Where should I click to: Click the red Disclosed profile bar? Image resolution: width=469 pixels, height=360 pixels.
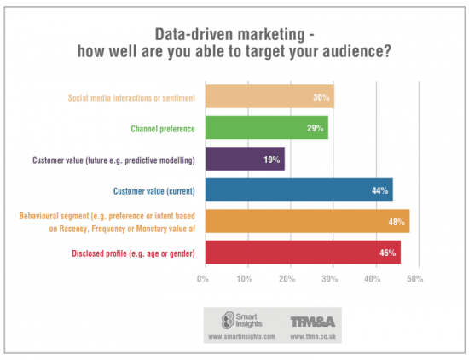tap(301, 252)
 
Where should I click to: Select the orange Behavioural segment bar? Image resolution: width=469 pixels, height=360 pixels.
tap(306, 221)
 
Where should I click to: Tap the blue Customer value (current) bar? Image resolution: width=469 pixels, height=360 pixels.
tap(298, 190)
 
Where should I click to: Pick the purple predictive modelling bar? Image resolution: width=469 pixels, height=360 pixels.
tap(244, 159)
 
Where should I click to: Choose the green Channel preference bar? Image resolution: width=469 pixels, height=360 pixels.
tap(265, 128)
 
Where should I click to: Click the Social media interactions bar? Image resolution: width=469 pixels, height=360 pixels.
tap(268, 97)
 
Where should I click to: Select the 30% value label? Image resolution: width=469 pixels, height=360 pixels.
tap(321, 97)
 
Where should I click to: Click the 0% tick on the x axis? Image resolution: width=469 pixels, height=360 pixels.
tap(203, 279)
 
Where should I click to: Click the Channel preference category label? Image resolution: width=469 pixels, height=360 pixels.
tap(162, 129)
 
